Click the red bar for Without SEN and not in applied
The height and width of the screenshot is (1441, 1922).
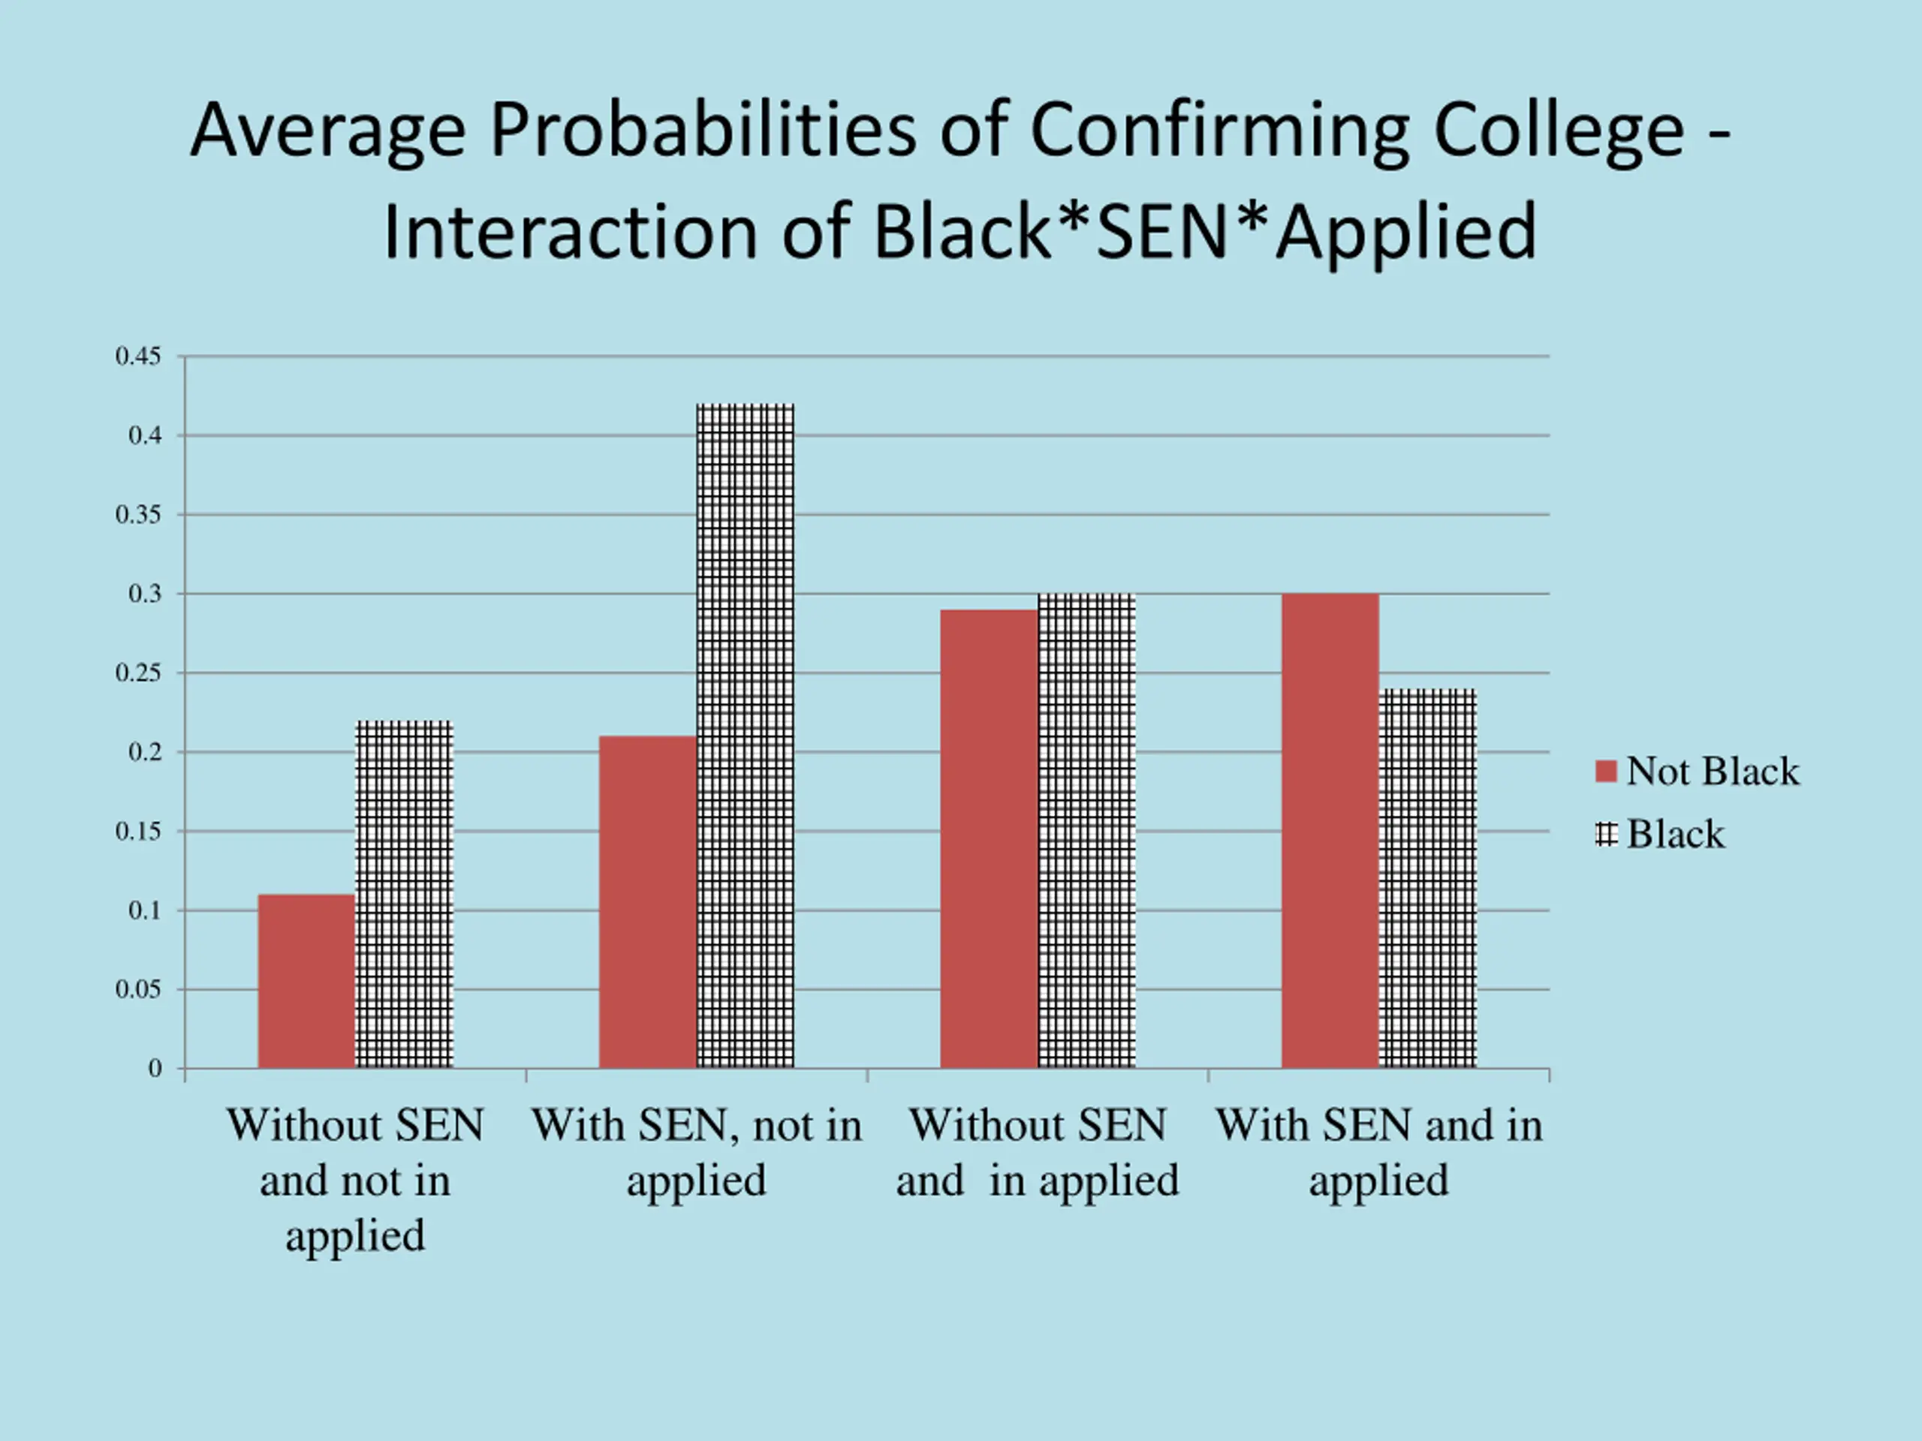(307, 981)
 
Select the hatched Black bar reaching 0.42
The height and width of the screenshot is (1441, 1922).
(746, 736)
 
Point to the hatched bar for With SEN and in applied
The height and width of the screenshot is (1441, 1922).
(1427, 878)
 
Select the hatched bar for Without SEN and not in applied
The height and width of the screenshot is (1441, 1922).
(405, 894)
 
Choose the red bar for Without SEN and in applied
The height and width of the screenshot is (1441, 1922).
(989, 838)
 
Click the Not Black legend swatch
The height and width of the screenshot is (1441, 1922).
(1606, 772)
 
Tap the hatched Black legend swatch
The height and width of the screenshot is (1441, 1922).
(1606, 835)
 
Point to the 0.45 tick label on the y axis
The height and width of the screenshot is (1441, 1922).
(138, 356)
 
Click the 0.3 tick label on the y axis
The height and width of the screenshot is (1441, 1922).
(145, 594)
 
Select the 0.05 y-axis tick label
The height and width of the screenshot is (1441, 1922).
(138, 989)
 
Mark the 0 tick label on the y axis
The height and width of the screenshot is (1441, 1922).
(155, 1069)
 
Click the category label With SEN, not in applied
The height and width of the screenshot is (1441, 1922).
(697, 1152)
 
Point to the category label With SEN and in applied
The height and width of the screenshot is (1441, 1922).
(1379, 1152)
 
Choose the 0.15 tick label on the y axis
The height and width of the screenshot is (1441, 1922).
(138, 832)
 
